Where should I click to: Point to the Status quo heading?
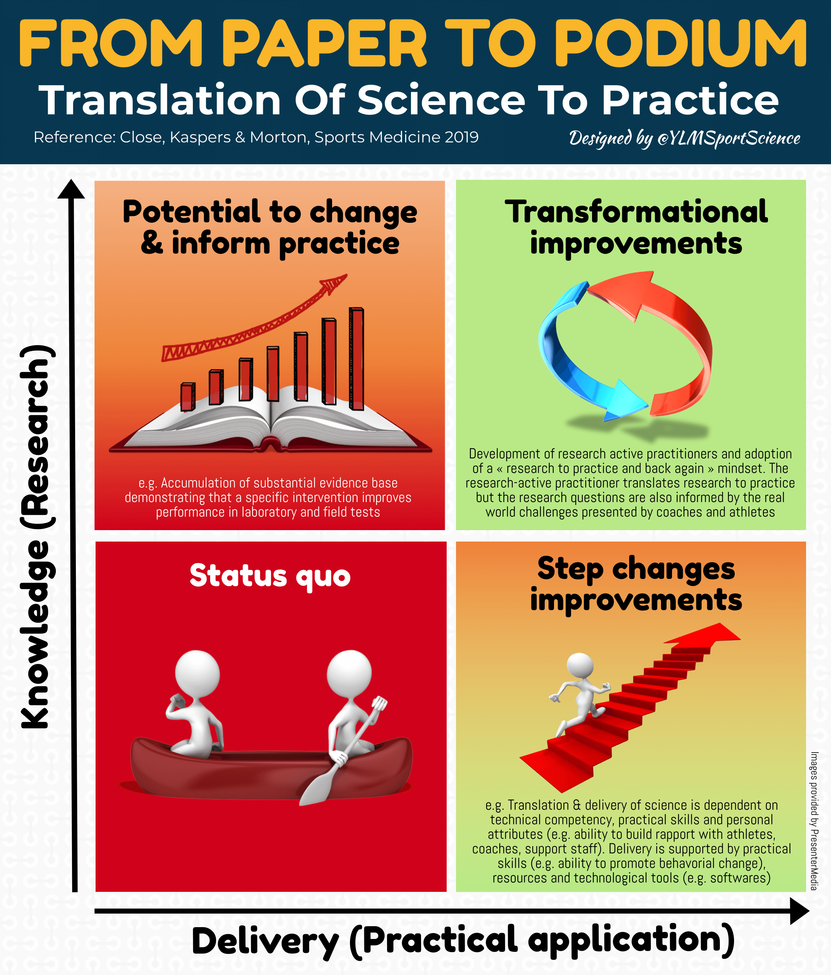tap(270, 576)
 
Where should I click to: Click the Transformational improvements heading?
tap(636, 227)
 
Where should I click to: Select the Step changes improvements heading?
tap(636, 585)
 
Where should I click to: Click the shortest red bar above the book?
tap(188, 396)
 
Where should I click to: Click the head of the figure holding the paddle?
tap(349, 673)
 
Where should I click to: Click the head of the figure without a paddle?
tap(197, 673)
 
